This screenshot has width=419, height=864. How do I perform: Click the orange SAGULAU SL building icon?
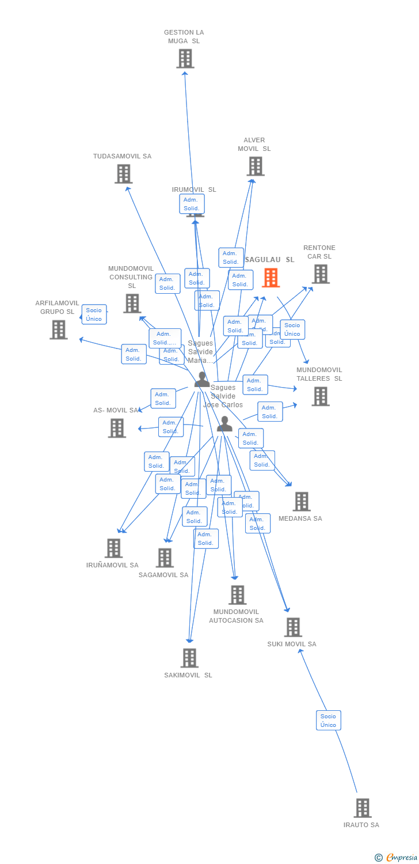tap(271, 278)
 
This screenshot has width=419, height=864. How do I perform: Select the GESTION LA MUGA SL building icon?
tap(185, 58)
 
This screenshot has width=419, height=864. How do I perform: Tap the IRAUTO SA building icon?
tap(362, 808)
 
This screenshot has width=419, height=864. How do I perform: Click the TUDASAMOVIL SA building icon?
tap(123, 173)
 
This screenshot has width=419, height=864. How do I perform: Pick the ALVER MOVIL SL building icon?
tap(255, 166)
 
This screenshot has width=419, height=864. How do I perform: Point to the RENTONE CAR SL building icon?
tap(321, 274)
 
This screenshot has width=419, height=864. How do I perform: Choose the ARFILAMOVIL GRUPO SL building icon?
tap(59, 329)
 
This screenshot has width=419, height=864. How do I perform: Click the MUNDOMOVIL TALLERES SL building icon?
tap(321, 396)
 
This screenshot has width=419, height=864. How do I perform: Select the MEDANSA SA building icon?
tap(301, 501)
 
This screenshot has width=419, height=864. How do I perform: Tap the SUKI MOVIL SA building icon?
tap(293, 627)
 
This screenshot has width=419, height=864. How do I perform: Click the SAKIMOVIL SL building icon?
tap(189, 657)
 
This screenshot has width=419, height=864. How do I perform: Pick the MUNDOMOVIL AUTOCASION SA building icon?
tap(237, 594)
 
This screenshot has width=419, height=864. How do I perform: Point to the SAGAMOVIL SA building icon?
tap(165, 557)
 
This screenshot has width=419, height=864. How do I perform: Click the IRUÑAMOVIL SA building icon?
tap(113, 548)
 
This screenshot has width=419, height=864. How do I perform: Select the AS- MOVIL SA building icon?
tap(117, 428)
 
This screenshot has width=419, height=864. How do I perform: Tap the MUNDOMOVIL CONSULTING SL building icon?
tap(132, 303)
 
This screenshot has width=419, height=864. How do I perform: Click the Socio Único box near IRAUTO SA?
tap(328, 720)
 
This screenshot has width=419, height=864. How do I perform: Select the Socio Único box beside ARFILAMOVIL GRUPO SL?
tap(94, 314)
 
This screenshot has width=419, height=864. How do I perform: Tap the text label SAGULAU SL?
tap(269, 260)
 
